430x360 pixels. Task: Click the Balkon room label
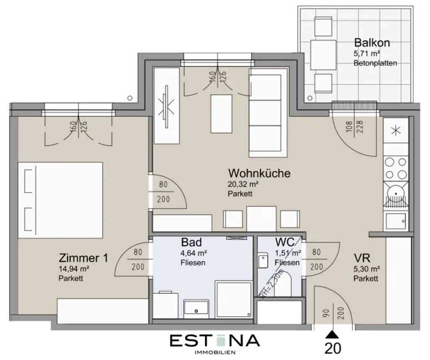372,42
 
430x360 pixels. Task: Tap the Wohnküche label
259,173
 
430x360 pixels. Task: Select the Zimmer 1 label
84,258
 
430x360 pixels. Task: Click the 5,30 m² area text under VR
367,269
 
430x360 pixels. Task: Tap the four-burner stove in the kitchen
396,167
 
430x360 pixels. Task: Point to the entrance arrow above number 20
333,334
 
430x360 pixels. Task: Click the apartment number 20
333,348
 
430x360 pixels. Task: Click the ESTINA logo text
215,340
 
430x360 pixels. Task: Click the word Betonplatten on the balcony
375,63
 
